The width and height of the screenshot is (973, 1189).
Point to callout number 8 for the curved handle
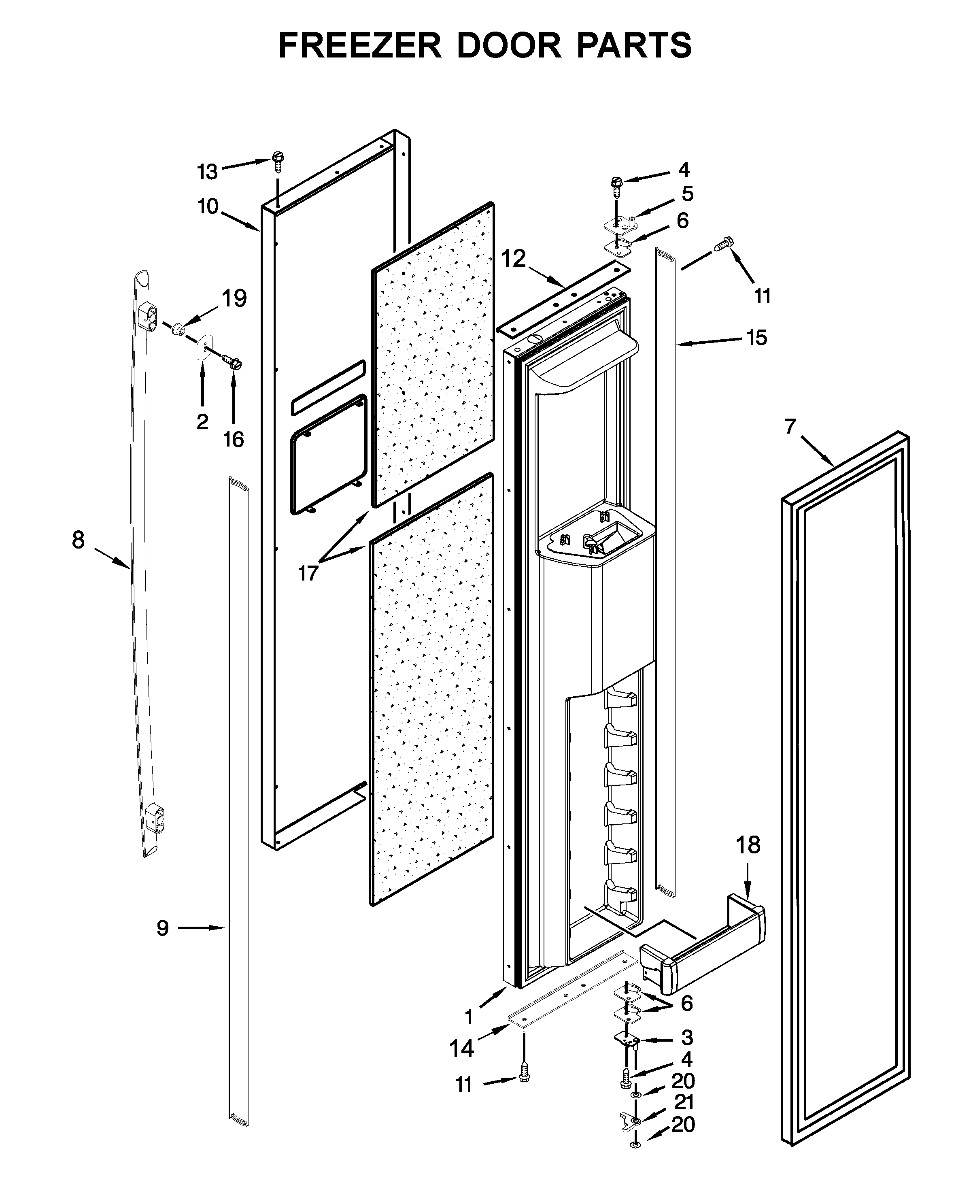[x=79, y=540]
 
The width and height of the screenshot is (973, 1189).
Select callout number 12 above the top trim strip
[x=513, y=258]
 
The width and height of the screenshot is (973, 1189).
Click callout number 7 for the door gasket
[x=790, y=427]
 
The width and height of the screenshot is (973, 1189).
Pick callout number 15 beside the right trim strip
[x=756, y=338]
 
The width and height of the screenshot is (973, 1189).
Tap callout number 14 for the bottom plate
[x=462, y=1048]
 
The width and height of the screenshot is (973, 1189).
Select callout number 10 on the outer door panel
[x=207, y=206]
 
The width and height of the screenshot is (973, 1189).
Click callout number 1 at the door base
[x=469, y=1017]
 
